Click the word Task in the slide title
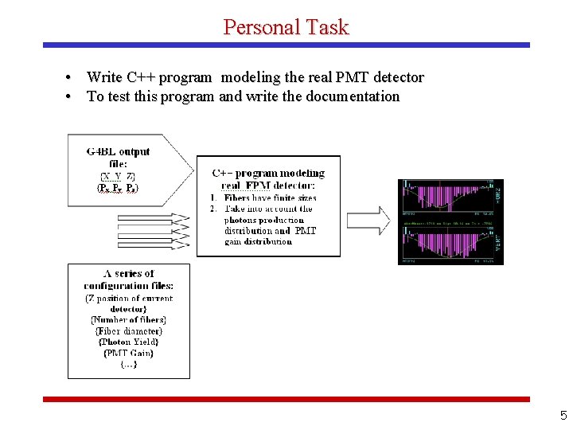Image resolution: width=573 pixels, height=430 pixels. [x=325, y=27]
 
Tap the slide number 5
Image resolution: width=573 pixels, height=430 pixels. [x=563, y=415]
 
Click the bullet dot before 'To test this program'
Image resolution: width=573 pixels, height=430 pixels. [x=70, y=96]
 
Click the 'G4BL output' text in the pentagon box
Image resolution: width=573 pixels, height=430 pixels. [x=118, y=151]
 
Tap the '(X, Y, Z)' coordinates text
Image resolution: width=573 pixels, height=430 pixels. [x=118, y=176]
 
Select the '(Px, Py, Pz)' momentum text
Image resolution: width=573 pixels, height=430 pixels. [x=118, y=188]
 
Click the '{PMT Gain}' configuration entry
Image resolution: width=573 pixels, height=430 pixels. [x=128, y=353]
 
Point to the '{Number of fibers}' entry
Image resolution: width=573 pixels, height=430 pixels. [x=128, y=319]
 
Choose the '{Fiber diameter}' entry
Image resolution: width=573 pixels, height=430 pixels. [x=128, y=330]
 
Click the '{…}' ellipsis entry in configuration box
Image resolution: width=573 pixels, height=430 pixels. [x=128, y=364]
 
